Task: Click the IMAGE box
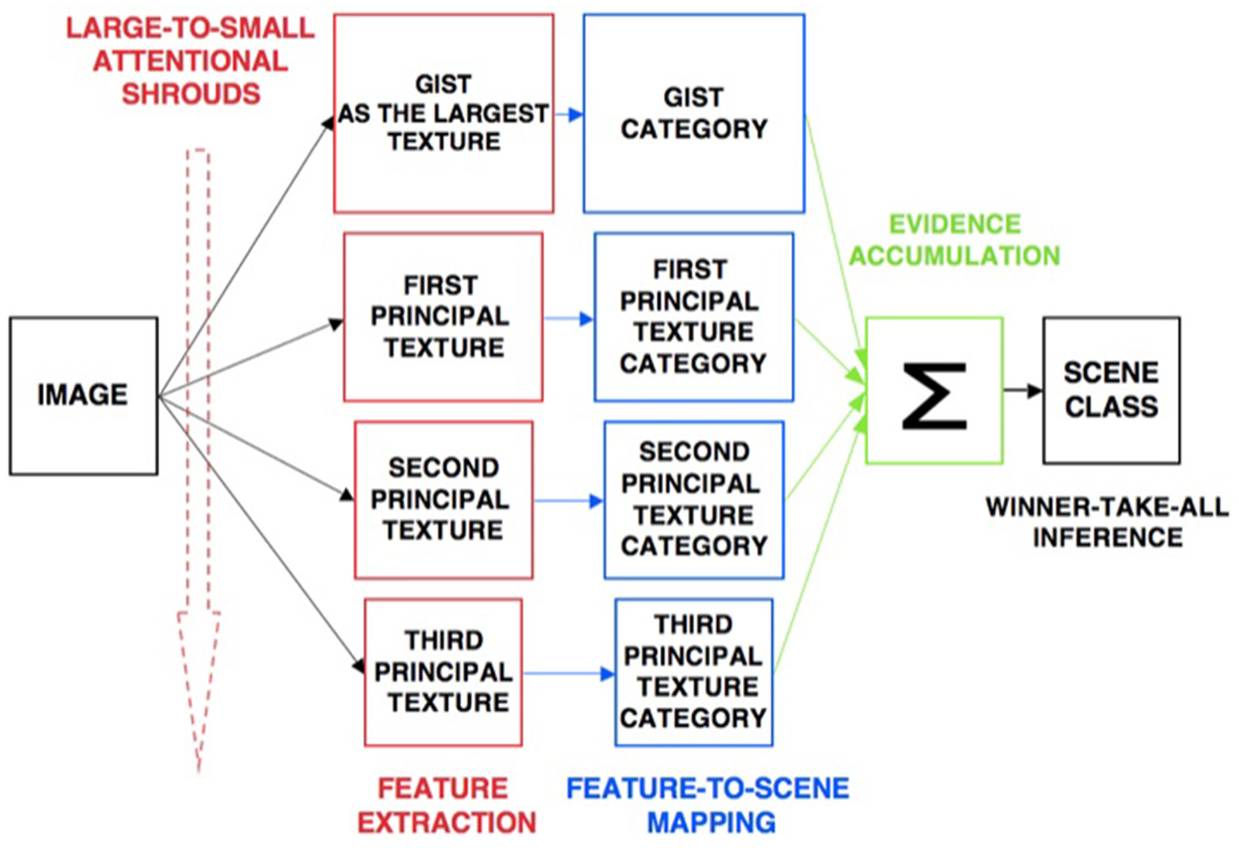(83, 395)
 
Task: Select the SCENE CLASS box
(1110, 390)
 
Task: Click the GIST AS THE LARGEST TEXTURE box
(443, 114)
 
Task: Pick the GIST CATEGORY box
(693, 114)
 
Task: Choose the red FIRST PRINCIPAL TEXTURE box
(442, 317)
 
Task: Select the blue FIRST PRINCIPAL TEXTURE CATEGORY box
(693, 317)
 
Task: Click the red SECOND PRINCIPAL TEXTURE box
(443, 500)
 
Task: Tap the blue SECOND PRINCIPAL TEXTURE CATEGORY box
(693, 500)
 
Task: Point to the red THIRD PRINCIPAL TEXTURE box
(443, 672)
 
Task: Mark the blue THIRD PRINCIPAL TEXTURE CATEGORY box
(693, 672)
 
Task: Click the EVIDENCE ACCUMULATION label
(954, 240)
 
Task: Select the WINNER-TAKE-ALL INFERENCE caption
(1107, 521)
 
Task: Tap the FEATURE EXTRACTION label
(445, 806)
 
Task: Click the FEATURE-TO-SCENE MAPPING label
(708, 806)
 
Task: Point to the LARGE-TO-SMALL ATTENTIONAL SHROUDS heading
(191, 61)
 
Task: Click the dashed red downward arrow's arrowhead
(198, 682)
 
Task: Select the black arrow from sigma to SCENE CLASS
(1022, 390)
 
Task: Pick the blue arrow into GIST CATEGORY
(568, 115)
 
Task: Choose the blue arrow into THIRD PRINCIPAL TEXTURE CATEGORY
(568, 674)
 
